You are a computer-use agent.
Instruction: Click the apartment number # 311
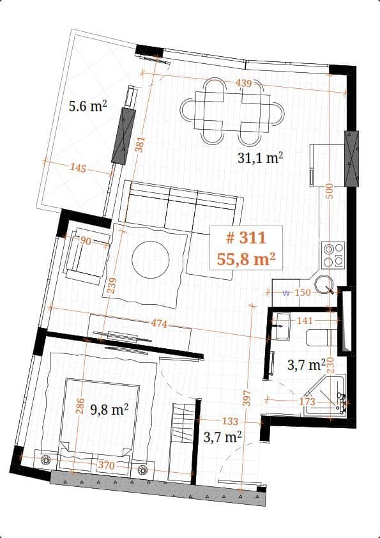point(245,238)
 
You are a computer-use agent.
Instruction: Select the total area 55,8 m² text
point(245,259)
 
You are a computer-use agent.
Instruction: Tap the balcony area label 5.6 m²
point(87,106)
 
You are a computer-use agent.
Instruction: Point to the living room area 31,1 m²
point(261,158)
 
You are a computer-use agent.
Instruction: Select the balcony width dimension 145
point(79,168)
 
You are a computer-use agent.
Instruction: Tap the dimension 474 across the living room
point(159,324)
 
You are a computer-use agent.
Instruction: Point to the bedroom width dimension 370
point(106,466)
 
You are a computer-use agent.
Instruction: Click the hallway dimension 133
point(230,421)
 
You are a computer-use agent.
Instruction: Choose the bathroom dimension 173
point(308,401)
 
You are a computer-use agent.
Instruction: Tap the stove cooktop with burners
point(333,254)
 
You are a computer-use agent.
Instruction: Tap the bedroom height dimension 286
point(80,407)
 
